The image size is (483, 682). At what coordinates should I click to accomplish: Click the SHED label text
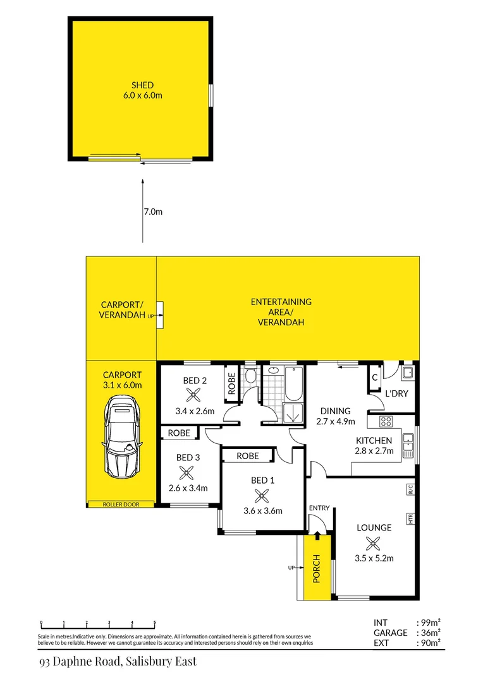tap(142, 85)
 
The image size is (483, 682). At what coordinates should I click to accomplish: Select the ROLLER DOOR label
tap(121, 505)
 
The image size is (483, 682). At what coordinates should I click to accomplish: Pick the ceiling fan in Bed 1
tap(262, 496)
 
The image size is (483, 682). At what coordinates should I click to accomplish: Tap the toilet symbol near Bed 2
tap(250, 378)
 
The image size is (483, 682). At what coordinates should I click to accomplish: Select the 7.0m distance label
tap(153, 212)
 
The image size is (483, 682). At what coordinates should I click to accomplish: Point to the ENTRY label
tap(319, 508)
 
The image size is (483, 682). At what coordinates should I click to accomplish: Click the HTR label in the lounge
tap(410, 519)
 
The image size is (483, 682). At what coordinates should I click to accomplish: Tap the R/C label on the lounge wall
tap(410, 488)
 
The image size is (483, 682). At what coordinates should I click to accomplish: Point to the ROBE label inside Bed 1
tap(247, 455)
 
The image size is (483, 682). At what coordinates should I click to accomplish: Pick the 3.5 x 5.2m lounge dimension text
tap(374, 558)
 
